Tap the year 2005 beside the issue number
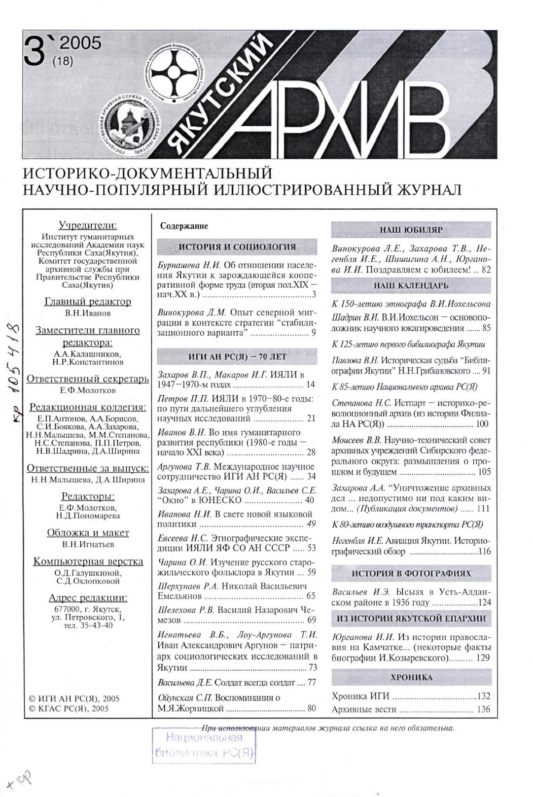(80, 43)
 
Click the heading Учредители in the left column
(88, 225)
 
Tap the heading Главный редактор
(88, 302)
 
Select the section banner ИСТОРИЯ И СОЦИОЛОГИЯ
(237, 247)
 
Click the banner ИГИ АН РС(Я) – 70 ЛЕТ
(237, 356)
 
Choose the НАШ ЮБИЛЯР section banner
(411, 230)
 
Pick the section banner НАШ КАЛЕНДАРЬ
(411, 285)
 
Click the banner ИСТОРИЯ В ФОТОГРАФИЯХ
(411, 573)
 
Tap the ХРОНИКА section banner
(411, 677)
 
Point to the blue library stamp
(205, 745)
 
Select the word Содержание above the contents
(184, 226)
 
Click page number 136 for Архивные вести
(484, 710)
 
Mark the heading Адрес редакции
(88, 598)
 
